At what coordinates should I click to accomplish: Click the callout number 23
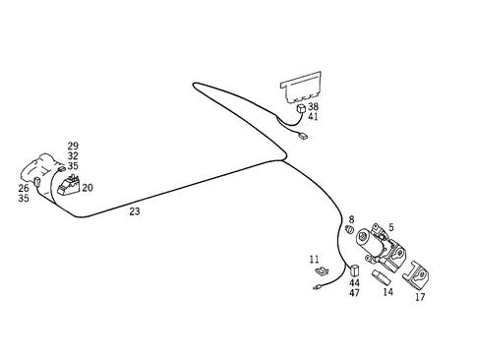[135, 210]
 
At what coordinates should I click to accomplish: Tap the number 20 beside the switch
[88, 188]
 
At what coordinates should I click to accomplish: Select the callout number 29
[73, 147]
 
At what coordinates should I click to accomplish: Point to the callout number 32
[73, 156]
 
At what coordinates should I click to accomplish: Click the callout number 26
[24, 188]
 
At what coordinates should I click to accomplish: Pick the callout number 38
[313, 106]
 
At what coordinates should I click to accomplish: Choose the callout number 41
[313, 117]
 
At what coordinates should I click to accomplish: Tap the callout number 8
[351, 219]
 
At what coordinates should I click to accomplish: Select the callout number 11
[315, 260]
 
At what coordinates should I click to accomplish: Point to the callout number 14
[388, 292]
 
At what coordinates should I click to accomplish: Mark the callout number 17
[420, 296]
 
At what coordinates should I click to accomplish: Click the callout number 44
[354, 283]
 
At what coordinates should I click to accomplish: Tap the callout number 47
[354, 294]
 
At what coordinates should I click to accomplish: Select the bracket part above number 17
[417, 270]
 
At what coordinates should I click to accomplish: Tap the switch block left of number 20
[69, 184]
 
